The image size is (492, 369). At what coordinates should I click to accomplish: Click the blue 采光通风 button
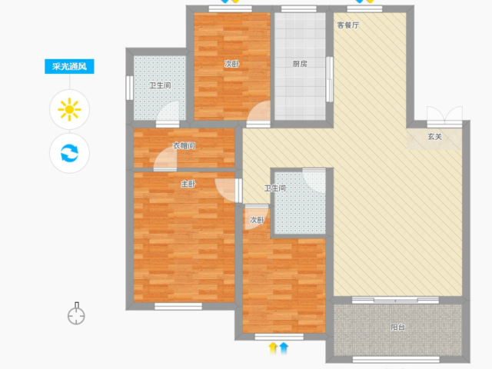point(69,67)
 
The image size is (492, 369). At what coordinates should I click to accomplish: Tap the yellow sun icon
point(69,109)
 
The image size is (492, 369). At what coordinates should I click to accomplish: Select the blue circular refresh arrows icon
point(69,153)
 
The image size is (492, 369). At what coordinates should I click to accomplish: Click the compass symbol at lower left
point(76,314)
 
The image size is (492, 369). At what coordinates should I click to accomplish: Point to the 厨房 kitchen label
point(300,64)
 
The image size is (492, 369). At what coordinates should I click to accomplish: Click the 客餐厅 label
point(348,25)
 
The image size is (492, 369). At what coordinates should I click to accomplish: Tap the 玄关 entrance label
point(435,137)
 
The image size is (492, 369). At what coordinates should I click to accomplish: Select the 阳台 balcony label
point(398,327)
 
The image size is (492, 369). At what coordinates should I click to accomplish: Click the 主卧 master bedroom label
point(188,184)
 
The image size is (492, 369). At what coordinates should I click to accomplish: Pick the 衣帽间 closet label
point(184,146)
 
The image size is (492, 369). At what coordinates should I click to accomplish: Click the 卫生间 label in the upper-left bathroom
point(160,85)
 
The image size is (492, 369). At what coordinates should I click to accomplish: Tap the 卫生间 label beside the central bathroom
point(275,188)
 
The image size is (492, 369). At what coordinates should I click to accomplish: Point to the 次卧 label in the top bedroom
point(231,64)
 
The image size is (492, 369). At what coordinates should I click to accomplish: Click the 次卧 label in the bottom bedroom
point(257,221)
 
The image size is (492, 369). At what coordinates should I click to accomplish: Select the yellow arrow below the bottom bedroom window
point(273,348)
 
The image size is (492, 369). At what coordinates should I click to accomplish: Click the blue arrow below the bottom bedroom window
point(284,348)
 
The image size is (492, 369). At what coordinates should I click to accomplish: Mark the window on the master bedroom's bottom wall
point(178,306)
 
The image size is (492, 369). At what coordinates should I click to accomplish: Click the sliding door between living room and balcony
point(395,301)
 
